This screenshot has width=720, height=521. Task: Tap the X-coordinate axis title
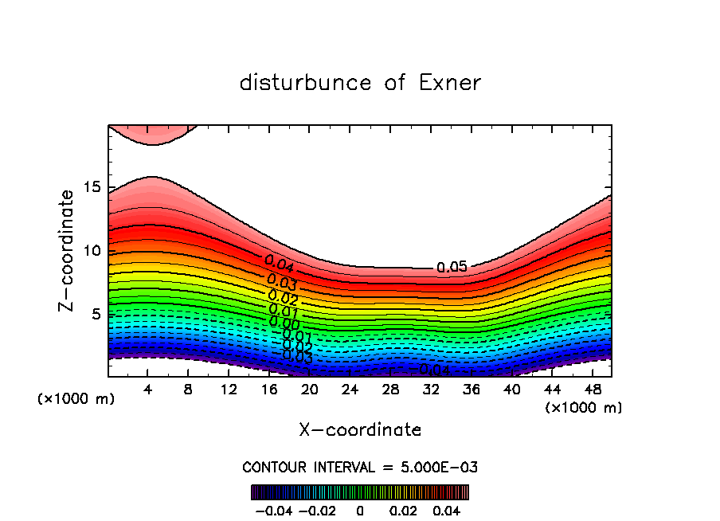(360, 430)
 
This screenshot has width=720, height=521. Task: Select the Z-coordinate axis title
(67, 250)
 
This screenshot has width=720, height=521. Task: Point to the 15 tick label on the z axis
(92, 187)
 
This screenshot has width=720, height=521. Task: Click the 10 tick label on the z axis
(92, 251)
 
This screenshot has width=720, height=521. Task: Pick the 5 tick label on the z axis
(96, 315)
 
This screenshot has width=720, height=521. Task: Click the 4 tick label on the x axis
(148, 390)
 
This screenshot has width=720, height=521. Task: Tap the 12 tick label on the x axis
(229, 390)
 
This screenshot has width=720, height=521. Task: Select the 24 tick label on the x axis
(350, 390)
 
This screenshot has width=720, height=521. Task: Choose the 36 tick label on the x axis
(471, 390)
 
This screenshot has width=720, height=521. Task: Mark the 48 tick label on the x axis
(592, 390)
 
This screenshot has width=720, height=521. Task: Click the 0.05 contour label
(452, 268)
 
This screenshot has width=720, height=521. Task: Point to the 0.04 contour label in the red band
(280, 263)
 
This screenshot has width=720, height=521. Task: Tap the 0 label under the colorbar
(360, 509)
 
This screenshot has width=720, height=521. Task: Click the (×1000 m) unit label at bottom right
(584, 408)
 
